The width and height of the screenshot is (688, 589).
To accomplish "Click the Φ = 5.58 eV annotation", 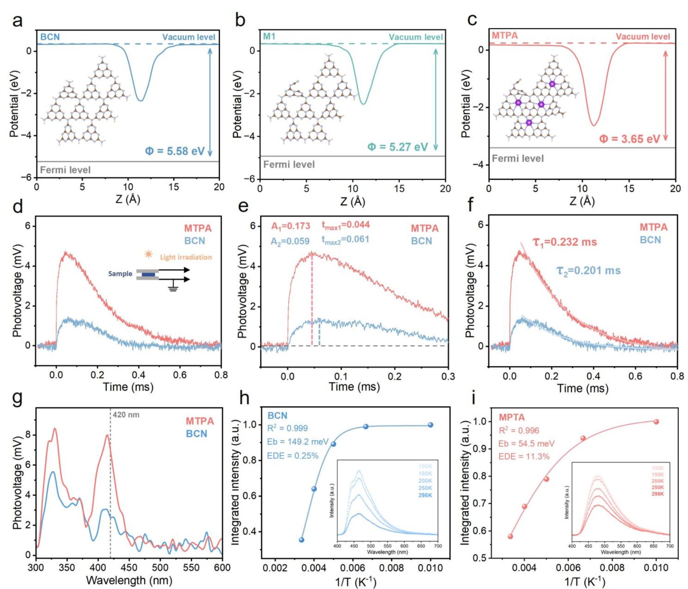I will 175,151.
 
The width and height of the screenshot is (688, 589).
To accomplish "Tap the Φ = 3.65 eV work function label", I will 629,139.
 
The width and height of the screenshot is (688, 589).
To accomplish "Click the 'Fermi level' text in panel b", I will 289,165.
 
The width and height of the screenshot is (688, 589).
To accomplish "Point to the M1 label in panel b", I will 269,36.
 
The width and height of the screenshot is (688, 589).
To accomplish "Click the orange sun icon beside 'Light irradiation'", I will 149,254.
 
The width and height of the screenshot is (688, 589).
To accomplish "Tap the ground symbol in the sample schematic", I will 173,289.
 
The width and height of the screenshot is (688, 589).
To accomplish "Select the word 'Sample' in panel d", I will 120,274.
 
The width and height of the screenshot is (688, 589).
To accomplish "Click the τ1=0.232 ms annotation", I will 564,242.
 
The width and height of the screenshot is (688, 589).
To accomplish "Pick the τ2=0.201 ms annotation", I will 588,270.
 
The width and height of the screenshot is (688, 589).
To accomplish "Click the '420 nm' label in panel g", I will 126,415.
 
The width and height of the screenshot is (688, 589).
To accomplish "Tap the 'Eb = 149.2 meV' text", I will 298,442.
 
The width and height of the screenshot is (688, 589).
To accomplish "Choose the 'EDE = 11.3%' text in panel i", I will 524,456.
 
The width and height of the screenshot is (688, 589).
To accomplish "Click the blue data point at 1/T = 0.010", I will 430,425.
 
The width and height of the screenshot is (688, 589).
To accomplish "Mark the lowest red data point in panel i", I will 510,536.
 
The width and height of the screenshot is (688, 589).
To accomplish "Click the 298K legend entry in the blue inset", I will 425,495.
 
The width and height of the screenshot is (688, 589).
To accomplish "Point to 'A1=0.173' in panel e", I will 291,226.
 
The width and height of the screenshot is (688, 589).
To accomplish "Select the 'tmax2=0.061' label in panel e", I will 345,240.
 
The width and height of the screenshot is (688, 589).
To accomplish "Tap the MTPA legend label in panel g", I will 200,421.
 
